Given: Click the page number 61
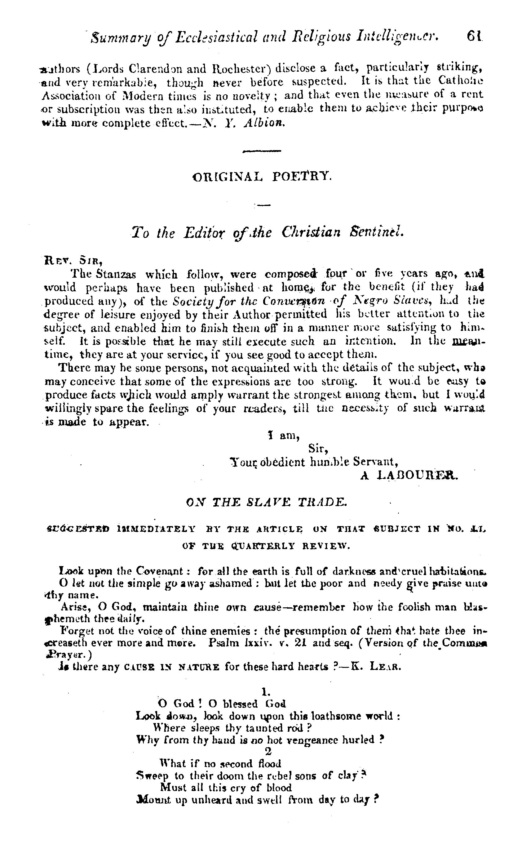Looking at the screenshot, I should tap(475, 36).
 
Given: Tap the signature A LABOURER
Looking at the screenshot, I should tap(409, 476).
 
